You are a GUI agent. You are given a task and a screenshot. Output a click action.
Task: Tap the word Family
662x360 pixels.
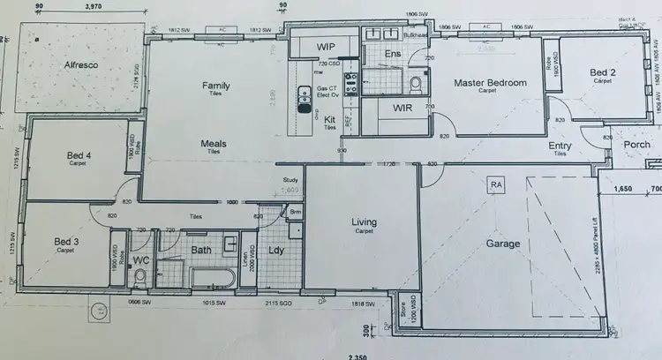coord(216,86)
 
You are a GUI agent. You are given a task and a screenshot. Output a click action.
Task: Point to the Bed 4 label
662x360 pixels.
coord(80,156)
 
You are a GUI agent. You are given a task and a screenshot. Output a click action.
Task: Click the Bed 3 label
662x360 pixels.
coord(67,241)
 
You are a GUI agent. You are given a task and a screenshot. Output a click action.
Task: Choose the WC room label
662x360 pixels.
coord(141,261)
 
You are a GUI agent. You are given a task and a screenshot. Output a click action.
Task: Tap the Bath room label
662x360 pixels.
coord(201,251)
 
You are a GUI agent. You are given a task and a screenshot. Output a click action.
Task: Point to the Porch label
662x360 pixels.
coord(636,145)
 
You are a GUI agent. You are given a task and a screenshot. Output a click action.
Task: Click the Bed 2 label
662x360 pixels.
coord(603,72)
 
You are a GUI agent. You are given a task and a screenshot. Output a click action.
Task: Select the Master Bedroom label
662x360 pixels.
coord(490,83)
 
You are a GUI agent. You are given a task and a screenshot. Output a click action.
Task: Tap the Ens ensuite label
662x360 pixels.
coord(394,55)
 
